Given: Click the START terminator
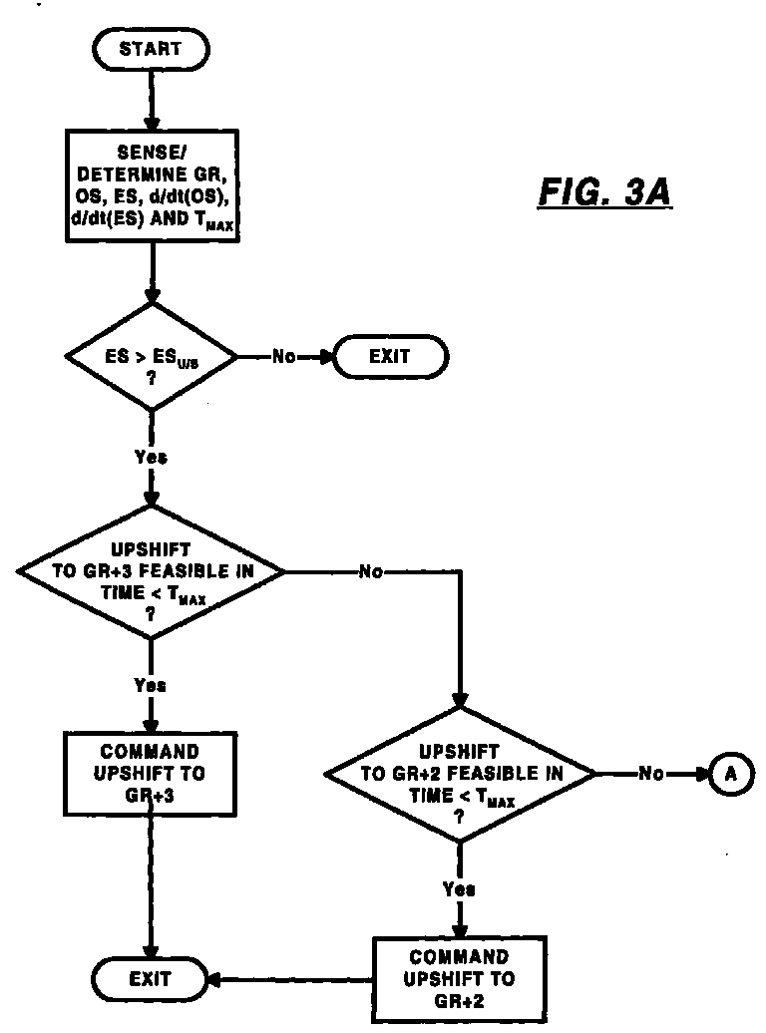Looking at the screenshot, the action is tap(151, 50).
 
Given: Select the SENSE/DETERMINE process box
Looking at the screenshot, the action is tap(153, 185).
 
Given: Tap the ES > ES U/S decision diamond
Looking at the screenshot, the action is tap(152, 357).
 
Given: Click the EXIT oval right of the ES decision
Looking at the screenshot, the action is tap(390, 356).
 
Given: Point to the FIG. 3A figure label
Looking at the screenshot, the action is tap(604, 192).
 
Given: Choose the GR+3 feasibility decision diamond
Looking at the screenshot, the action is tap(151, 572).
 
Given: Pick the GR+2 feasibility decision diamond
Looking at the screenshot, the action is tap(460, 774).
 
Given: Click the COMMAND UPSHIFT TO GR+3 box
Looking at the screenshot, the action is tap(151, 774).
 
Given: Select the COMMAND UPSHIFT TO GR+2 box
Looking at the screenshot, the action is tap(460, 979).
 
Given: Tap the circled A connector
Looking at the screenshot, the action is tap(730, 774).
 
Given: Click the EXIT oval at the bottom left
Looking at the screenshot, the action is tap(150, 979).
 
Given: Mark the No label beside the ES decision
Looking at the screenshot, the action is tap(284, 356).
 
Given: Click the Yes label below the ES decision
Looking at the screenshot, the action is tap(151, 457).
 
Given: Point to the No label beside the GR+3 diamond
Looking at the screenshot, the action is tap(370, 572).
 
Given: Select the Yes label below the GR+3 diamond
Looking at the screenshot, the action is tap(151, 685).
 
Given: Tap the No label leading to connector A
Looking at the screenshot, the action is tap(651, 774).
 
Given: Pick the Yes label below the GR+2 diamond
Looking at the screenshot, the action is tap(459, 889).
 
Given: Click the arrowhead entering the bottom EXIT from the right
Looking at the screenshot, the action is tap(215, 980).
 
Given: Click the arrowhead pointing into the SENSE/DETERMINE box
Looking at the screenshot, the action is tap(152, 123).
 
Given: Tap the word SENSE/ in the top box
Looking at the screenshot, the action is tap(153, 153).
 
